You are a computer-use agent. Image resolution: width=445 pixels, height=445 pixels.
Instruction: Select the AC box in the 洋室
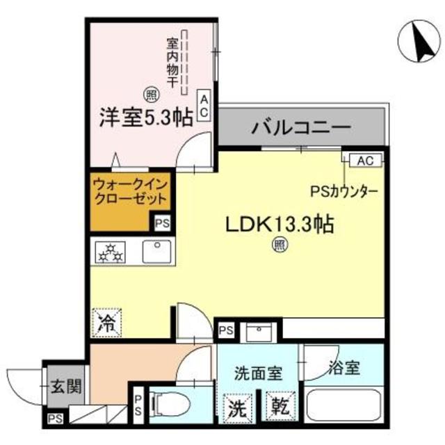coord(205,106)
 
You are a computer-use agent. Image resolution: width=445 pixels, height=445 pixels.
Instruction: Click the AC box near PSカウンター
coord(364,160)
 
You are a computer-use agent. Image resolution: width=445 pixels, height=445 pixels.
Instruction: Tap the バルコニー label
coord(301,128)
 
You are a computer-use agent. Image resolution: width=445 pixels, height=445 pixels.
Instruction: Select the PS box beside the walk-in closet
coord(162,223)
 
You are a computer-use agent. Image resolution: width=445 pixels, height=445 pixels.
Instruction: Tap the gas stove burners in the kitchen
coord(110,252)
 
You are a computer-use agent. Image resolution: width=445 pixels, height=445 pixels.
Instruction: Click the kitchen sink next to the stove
coord(158,251)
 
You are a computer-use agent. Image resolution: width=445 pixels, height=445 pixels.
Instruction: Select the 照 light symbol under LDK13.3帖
coord(280,245)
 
